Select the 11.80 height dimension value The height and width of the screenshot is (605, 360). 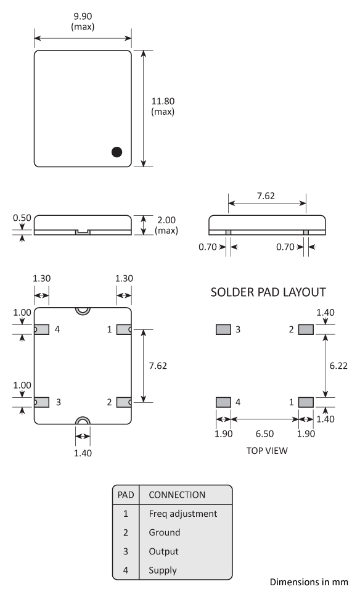pyautogui.click(x=163, y=102)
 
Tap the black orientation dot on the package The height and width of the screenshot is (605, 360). pyautogui.click(x=117, y=151)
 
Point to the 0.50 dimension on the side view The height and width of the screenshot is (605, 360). pyautogui.click(x=22, y=218)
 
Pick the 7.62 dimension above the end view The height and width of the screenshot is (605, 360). pyautogui.click(x=266, y=197)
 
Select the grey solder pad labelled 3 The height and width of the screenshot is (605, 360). pyautogui.click(x=223, y=330)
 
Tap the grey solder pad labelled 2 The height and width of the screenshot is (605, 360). pyautogui.click(x=306, y=330)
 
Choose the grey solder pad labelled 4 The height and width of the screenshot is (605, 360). pyautogui.click(x=223, y=402)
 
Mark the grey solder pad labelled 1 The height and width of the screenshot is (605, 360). pyautogui.click(x=306, y=402)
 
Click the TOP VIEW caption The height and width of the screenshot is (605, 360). pyautogui.click(x=267, y=450)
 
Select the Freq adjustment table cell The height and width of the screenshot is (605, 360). pyautogui.click(x=182, y=513)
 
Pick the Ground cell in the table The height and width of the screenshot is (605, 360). pyautogui.click(x=165, y=532)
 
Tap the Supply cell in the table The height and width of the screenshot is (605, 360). pyautogui.click(x=163, y=570)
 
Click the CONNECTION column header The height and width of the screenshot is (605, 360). pyautogui.click(x=177, y=495)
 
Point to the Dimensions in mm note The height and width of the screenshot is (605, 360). pyautogui.click(x=309, y=582)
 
